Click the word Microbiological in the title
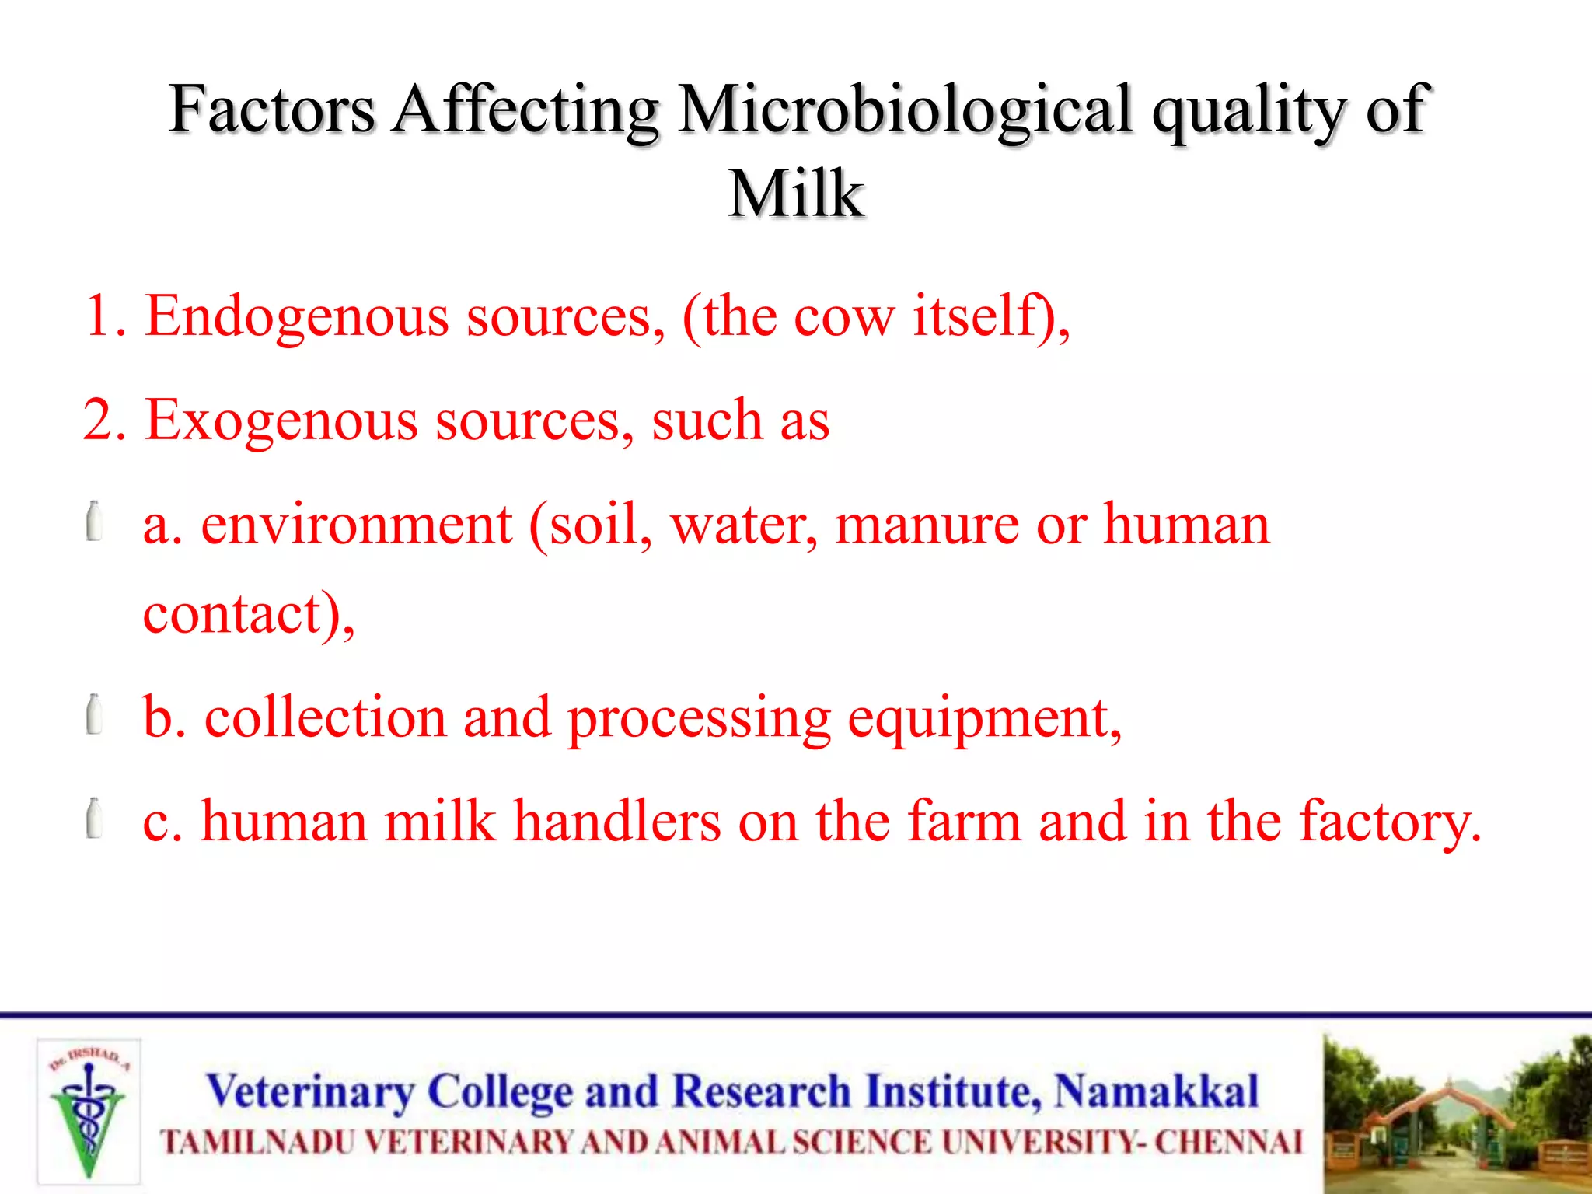[x=904, y=110]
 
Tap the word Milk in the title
[x=796, y=194]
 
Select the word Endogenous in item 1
[x=297, y=316]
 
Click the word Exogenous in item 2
[x=281, y=421]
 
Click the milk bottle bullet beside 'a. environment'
[x=94, y=522]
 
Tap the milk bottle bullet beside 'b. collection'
[x=94, y=714]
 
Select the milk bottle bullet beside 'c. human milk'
[x=94, y=819]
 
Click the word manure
[x=927, y=525]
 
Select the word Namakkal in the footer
[x=1156, y=1091]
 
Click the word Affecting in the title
[x=525, y=110]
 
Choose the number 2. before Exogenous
[x=104, y=421]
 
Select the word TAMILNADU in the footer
[x=257, y=1143]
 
